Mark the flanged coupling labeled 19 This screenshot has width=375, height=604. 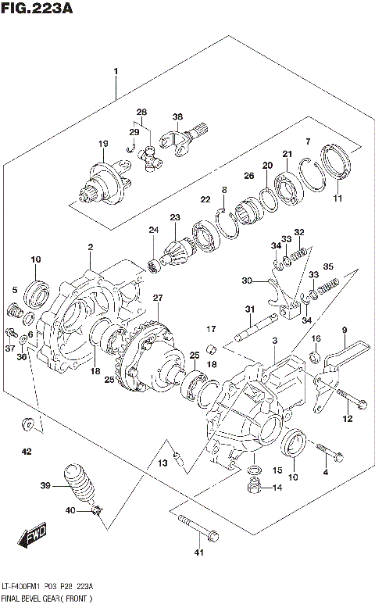[105, 181]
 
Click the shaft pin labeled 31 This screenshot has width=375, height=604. [255, 328]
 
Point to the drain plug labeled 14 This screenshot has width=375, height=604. [253, 488]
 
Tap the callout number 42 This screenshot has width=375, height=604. [26, 452]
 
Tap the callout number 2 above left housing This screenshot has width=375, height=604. [90, 247]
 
